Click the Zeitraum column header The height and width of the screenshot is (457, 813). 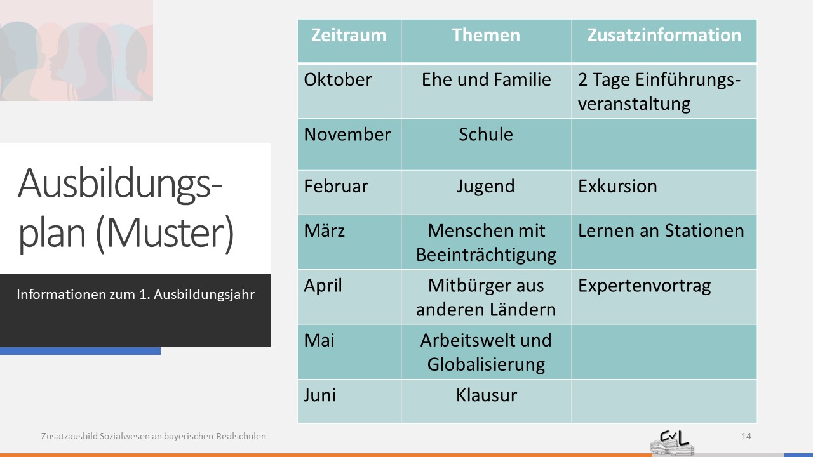[x=349, y=35]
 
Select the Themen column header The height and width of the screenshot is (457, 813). [x=486, y=35]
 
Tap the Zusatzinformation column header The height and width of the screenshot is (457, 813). [x=664, y=35]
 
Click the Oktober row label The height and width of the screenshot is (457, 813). [x=337, y=79]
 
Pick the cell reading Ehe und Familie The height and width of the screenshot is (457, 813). [x=486, y=79]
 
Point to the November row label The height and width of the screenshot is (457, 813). [x=347, y=134]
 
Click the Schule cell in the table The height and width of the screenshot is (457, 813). [x=486, y=134]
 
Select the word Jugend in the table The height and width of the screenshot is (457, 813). [x=486, y=187]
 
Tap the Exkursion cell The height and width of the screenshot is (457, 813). [x=617, y=186]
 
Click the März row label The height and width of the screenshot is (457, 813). [x=324, y=230]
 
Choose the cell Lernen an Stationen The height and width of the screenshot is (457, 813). [x=661, y=230]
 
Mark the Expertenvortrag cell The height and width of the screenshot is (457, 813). [x=644, y=286]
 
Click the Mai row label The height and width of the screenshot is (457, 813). [x=319, y=340]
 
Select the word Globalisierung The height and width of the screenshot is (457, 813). [x=486, y=365]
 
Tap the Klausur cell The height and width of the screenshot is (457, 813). [x=487, y=395]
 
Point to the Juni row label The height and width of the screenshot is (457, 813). [x=319, y=395]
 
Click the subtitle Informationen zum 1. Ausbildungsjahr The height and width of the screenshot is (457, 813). [x=135, y=295]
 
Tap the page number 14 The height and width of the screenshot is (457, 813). [x=746, y=436]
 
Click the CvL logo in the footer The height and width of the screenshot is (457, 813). [x=672, y=443]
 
